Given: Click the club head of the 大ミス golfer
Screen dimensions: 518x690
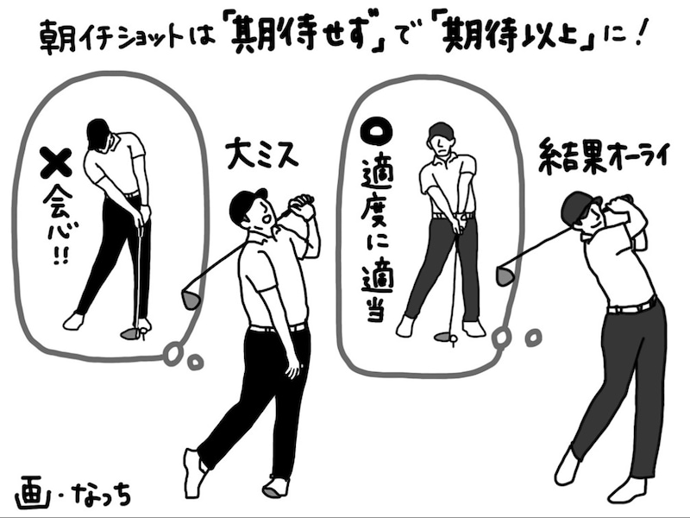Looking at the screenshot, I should click(191, 299).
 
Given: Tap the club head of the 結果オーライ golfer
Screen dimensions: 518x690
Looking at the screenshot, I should click(505, 276).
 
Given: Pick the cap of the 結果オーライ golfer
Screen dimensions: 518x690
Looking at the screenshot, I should click(579, 205).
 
